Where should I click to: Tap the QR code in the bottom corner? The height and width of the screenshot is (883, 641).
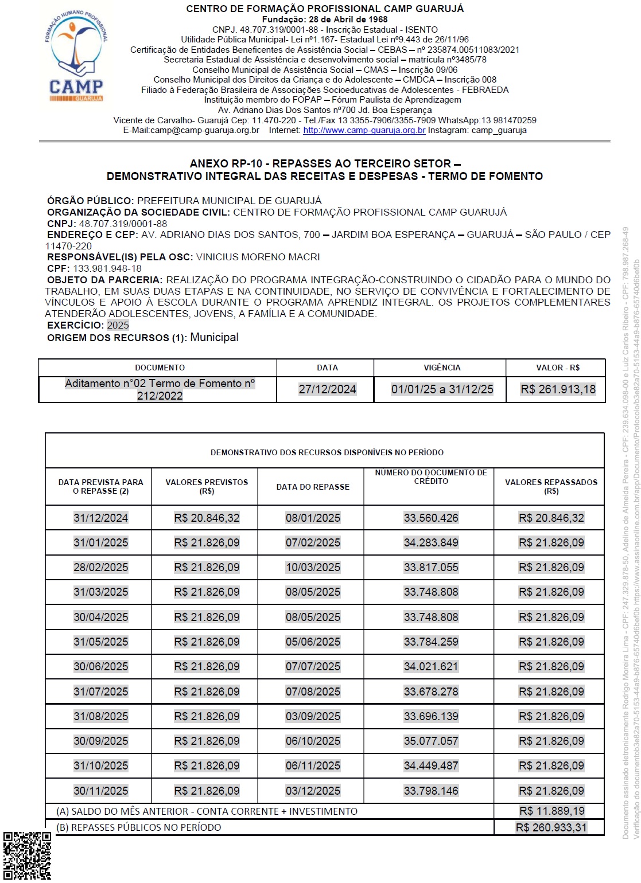(x=27, y=855)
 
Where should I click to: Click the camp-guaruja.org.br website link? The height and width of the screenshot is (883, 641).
(x=364, y=130)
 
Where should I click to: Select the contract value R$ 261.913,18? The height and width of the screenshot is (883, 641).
(x=558, y=389)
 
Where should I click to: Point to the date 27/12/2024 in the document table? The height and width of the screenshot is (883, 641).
(x=327, y=389)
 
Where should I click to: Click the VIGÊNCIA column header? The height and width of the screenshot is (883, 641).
(x=442, y=368)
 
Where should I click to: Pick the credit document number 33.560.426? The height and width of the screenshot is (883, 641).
(x=431, y=518)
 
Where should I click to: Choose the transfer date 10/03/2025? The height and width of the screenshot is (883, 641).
(x=313, y=567)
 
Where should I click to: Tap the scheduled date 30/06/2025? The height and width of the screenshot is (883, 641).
(x=100, y=666)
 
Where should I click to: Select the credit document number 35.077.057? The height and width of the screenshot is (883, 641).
(x=431, y=741)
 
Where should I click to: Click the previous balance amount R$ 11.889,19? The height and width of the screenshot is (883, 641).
(x=551, y=811)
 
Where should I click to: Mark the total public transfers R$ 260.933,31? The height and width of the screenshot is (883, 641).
(x=551, y=827)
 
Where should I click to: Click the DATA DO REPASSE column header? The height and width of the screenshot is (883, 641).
(x=313, y=487)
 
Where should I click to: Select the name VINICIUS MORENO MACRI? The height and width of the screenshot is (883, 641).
(x=258, y=257)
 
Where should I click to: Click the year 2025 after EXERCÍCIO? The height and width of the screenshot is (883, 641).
(x=118, y=325)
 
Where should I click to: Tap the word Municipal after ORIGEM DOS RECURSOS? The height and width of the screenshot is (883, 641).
(x=214, y=337)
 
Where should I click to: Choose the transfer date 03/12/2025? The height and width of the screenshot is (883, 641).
(x=313, y=791)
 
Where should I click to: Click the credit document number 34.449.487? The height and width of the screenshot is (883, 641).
(x=431, y=765)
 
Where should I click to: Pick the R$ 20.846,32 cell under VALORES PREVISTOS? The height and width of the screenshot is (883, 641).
(x=207, y=518)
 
